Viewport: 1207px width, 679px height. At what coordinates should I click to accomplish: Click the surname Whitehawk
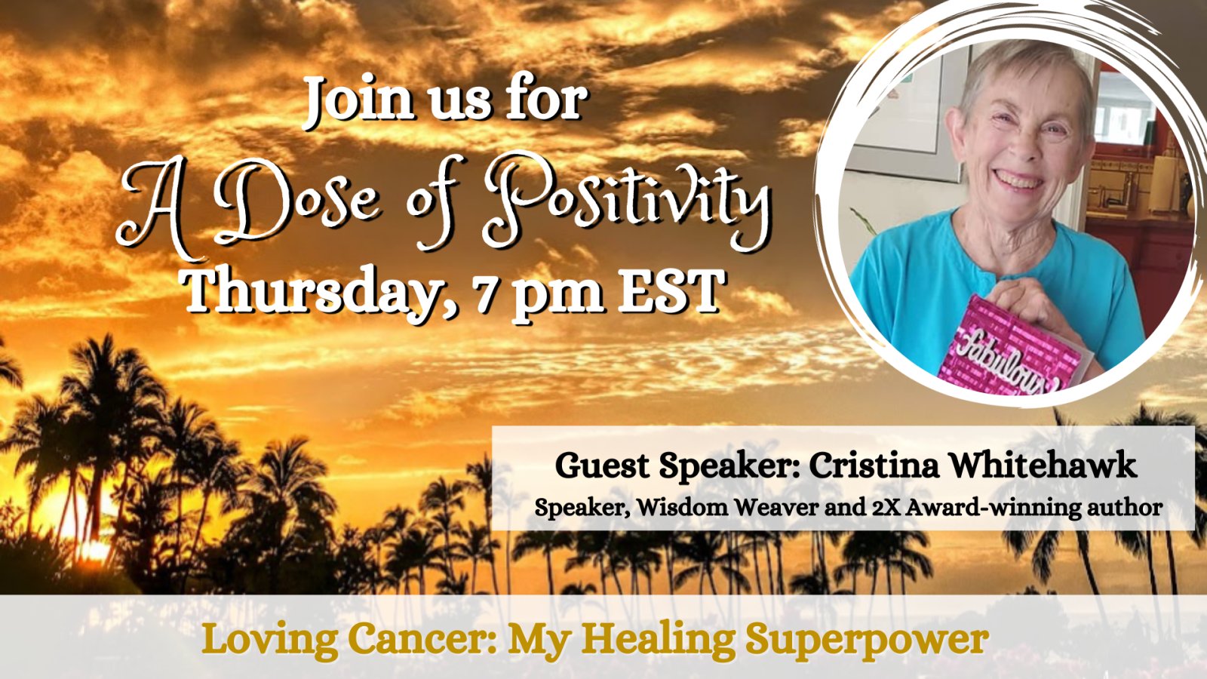[x=1042, y=465]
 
